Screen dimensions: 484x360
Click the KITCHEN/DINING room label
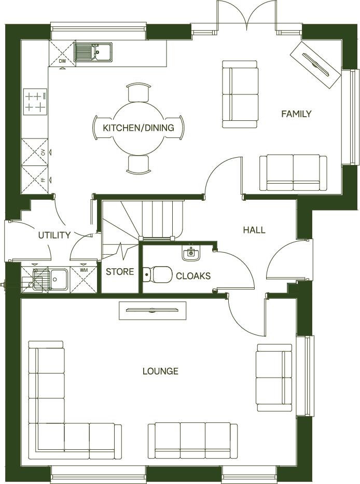(138, 128)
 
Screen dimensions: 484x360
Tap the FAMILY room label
(296, 114)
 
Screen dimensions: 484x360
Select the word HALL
(254, 230)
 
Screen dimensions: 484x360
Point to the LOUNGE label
(160, 371)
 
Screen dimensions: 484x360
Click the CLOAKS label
(193, 276)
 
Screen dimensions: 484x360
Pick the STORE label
(120, 272)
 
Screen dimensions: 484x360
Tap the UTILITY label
(54, 235)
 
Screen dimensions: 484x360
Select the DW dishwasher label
(62, 62)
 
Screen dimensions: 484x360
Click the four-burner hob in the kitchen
(35, 102)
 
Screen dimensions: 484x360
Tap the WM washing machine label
(84, 270)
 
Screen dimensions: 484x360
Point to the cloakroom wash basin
(190, 253)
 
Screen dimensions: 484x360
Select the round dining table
(138, 128)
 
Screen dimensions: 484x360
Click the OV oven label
(44, 152)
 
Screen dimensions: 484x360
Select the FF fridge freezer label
(44, 180)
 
